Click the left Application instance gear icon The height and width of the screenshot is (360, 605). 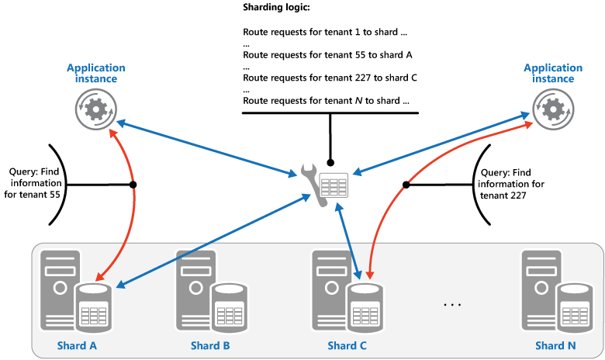(x=95, y=109)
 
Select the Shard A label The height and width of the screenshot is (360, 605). (x=77, y=345)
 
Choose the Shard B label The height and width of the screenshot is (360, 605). (x=209, y=345)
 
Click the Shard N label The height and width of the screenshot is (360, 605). (x=555, y=345)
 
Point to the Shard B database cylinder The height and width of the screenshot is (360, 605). (x=230, y=309)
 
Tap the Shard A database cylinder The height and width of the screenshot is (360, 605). (x=94, y=309)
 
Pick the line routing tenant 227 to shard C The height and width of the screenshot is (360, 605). (x=330, y=78)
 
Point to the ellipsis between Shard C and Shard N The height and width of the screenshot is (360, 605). (x=452, y=305)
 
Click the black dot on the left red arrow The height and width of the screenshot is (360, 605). (x=133, y=185)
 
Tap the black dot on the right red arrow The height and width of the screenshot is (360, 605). (x=405, y=185)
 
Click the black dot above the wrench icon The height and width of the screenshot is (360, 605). (x=331, y=164)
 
